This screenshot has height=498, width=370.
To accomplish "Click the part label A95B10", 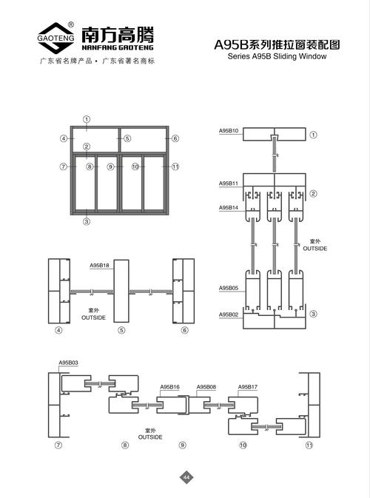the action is click(229, 130).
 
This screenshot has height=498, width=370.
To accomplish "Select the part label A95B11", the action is click(229, 184).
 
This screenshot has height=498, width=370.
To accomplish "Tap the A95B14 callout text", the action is click(229, 207).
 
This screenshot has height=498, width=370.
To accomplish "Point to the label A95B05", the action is click(229, 288).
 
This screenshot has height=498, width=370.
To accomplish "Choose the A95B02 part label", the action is click(229, 314).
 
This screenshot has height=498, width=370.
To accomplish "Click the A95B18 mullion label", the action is click(99, 265).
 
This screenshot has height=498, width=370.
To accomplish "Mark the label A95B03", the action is click(68, 363).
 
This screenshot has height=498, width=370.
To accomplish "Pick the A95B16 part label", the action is click(169, 387).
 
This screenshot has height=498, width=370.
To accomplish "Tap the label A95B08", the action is click(206, 387).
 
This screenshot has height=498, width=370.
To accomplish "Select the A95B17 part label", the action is click(248, 387).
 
